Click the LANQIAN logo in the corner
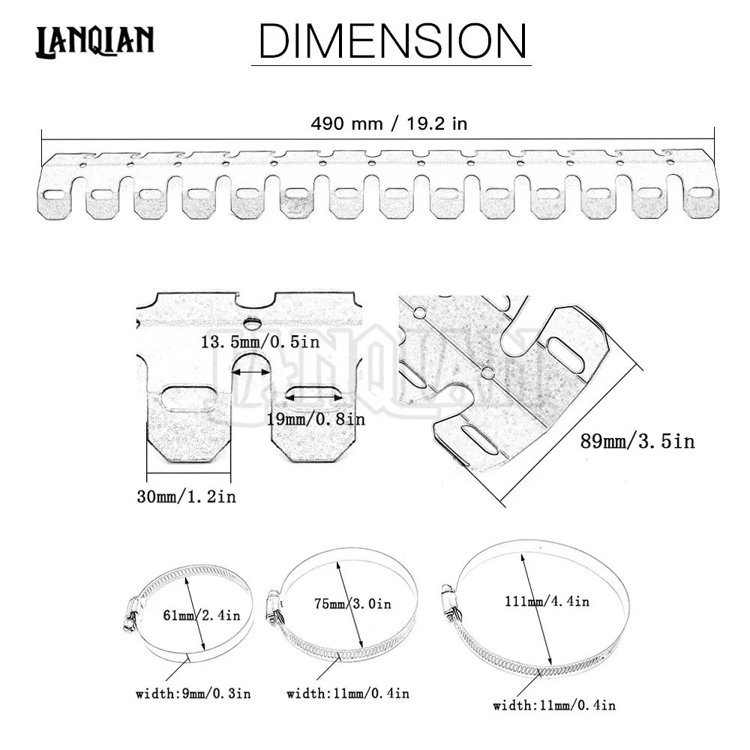click(x=94, y=41)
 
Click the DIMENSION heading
click(x=391, y=40)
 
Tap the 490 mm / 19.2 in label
click(x=388, y=124)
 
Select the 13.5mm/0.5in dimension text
click(x=259, y=341)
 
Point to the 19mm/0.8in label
click(x=315, y=419)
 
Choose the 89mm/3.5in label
click(x=637, y=440)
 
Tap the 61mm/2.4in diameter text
click(x=201, y=615)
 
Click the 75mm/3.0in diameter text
click(x=352, y=604)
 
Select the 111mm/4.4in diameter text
click(x=547, y=601)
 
